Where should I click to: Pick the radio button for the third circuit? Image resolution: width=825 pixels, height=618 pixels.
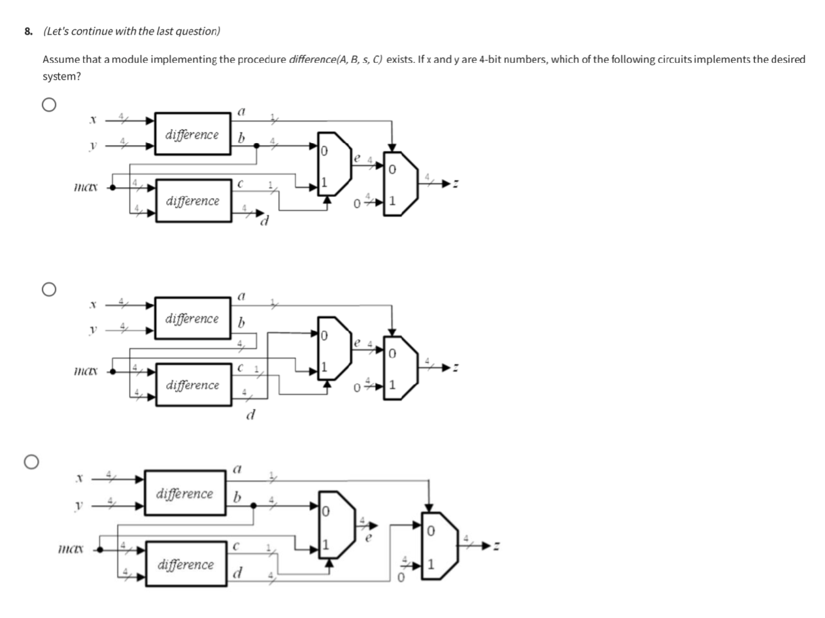point(30,462)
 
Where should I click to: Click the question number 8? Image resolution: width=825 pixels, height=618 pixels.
point(28,31)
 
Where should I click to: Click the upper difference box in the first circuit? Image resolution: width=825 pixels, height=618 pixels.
point(193,135)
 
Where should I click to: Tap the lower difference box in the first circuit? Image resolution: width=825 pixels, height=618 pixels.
point(193,201)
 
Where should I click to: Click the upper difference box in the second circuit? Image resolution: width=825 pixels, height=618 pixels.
point(193,318)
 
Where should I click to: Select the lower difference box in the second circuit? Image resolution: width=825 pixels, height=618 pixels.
point(193,385)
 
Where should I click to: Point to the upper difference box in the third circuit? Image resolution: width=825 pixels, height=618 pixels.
point(185,493)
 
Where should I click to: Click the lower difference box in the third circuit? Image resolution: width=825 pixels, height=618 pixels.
point(185,564)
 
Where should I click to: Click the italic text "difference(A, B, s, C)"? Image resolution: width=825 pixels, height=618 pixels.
point(336,59)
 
